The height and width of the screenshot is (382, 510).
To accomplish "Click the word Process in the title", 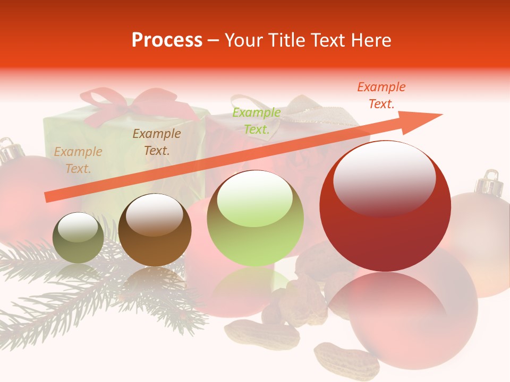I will coord(167,40).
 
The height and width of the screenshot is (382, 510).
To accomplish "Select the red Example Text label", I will coord(381,95).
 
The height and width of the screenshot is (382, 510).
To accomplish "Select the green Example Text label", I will coord(256,121).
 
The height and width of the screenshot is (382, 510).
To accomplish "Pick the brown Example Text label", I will coord(156,142).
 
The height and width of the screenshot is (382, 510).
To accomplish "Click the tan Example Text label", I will coord(78,160).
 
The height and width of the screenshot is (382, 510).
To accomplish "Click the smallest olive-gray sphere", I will coord(79,238).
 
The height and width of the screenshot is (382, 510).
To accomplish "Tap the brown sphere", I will coord(155,231).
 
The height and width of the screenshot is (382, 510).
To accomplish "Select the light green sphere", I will coord(255,219).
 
